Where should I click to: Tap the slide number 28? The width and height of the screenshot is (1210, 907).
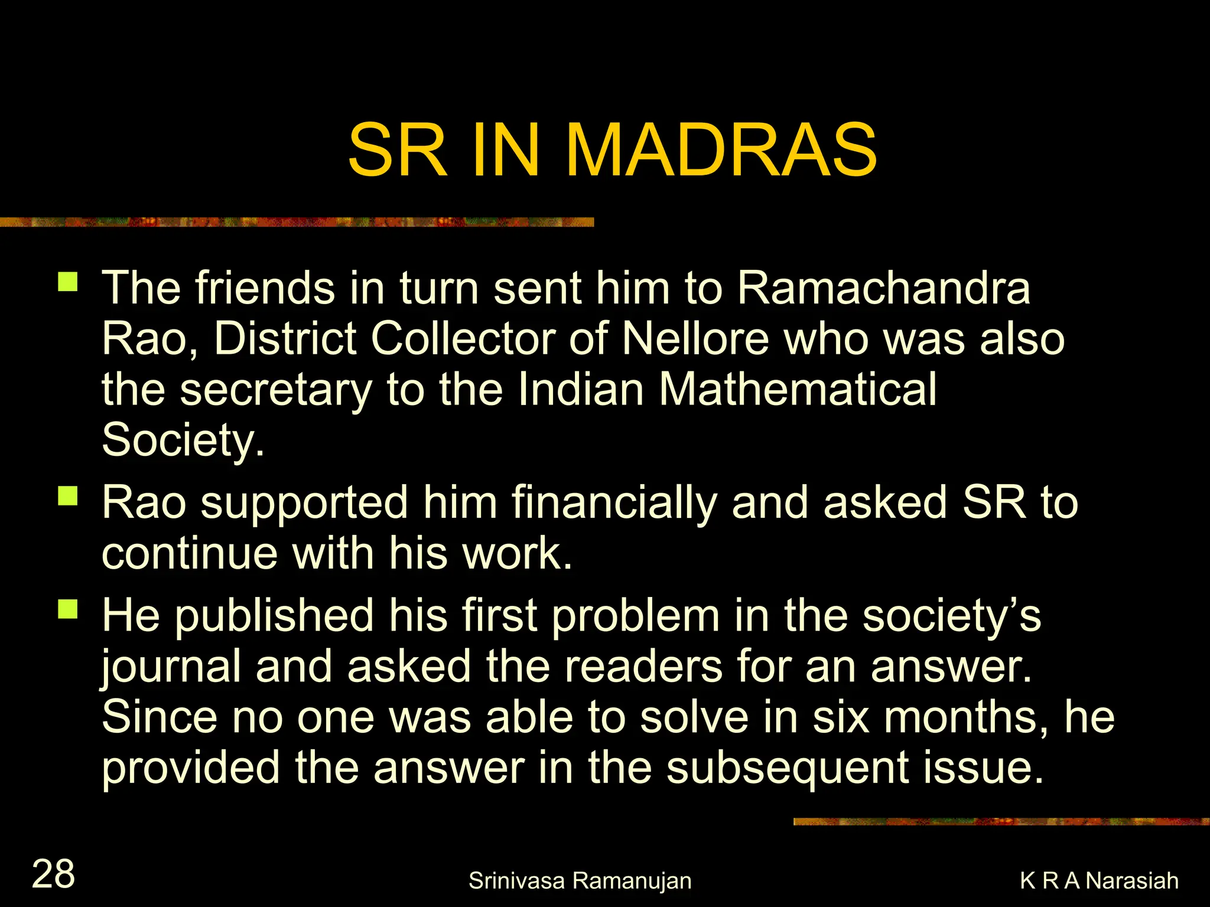coord(53,874)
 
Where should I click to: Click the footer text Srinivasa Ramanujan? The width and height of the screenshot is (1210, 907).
coord(580,880)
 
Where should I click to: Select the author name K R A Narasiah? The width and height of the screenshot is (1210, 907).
coord(1099,880)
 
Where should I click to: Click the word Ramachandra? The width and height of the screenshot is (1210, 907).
coord(883,288)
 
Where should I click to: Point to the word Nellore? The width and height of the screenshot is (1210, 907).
coord(695,339)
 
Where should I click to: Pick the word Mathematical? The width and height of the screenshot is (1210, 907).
coord(798,390)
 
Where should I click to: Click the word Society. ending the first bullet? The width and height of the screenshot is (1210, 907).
coord(183,441)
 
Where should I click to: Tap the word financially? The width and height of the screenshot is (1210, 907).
coord(614,503)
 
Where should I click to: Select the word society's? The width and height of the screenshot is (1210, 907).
coord(951,615)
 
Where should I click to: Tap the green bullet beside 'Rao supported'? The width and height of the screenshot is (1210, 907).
coord(68,496)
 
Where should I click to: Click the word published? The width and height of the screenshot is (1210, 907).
coord(274,616)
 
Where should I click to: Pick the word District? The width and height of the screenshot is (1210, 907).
coord(285,339)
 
